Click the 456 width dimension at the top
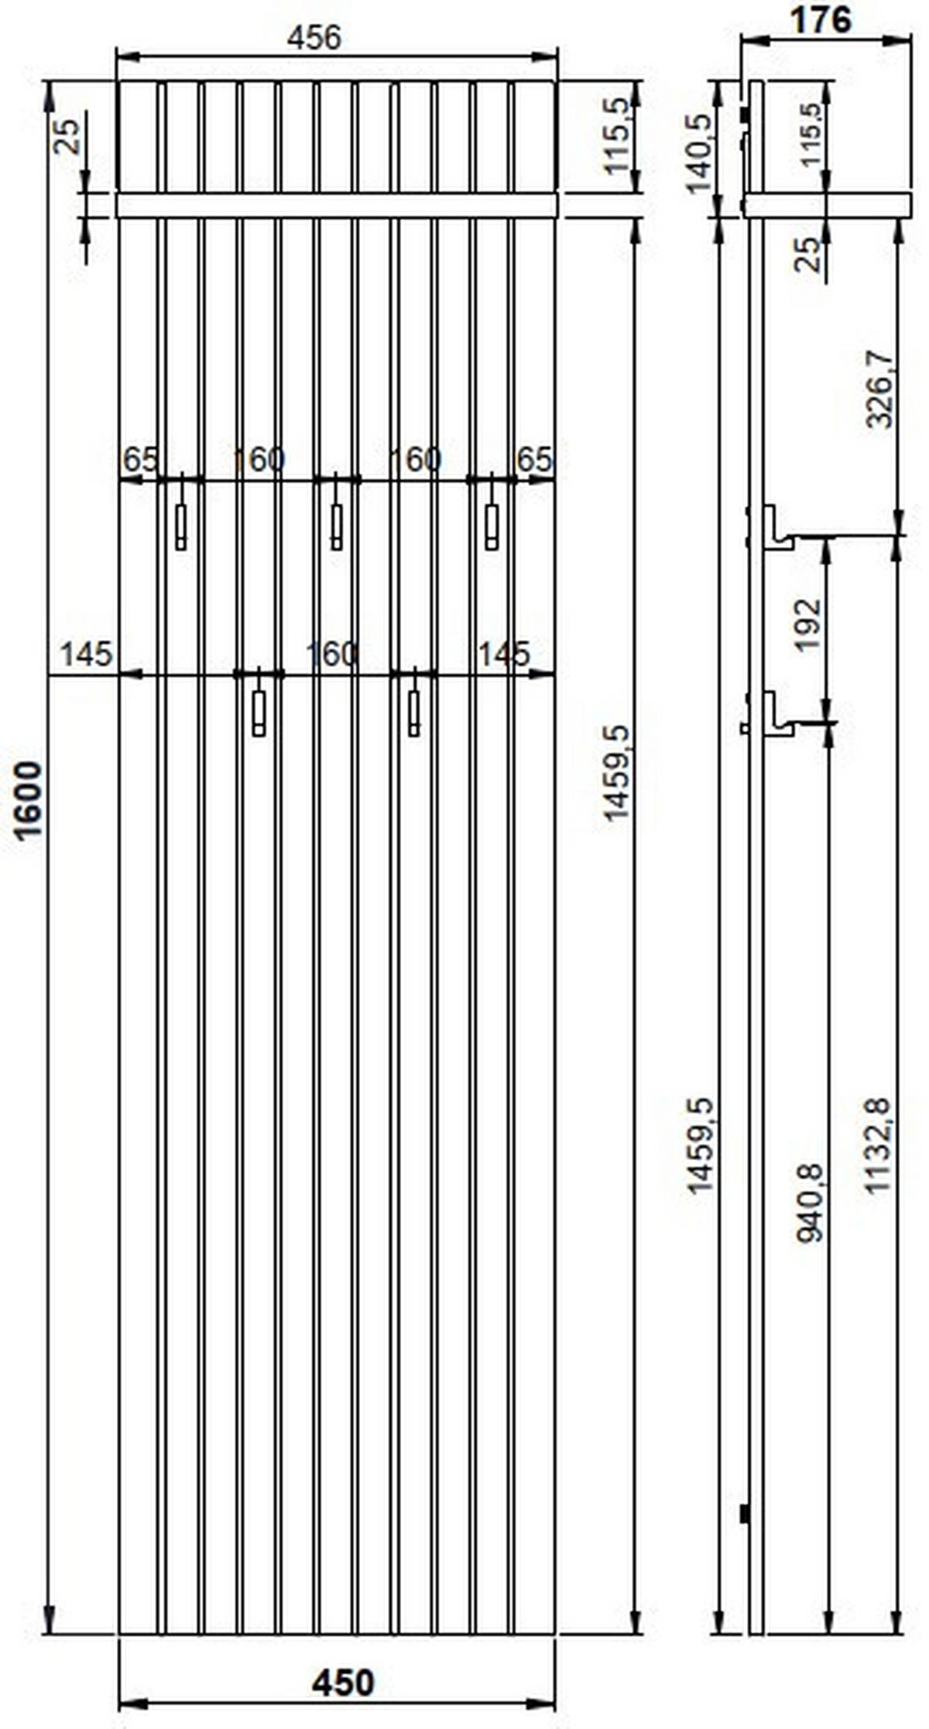point(314,37)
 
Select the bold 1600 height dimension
point(29,800)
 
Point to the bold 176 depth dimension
point(820,19)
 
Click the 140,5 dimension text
point(699,153)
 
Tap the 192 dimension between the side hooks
point(807,625)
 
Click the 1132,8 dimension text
point(879,1146)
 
